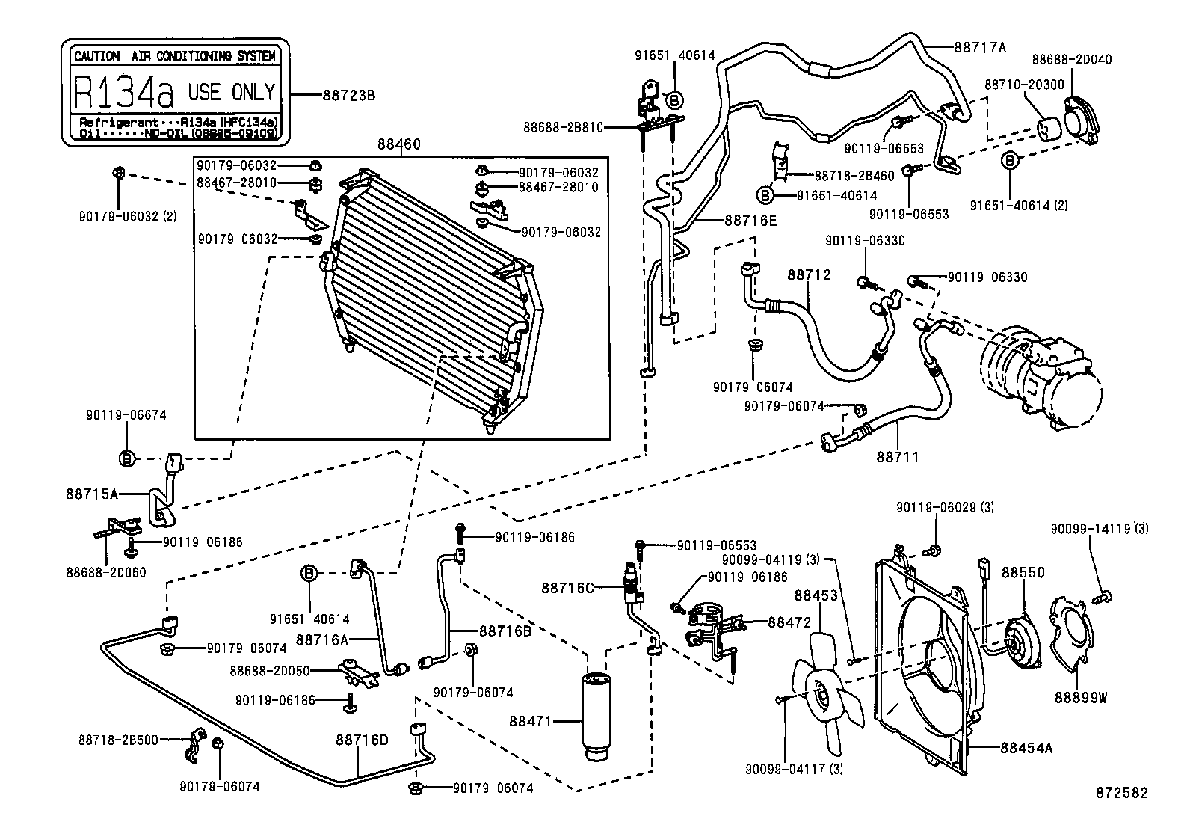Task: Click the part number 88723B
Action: [348, 96]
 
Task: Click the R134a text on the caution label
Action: [123, 93]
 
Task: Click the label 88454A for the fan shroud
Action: [1026, 746]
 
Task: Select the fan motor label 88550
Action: [1023, 572]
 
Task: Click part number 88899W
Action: [1080, 698]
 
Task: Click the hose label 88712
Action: [809, 275]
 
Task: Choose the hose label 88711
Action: [898, 456]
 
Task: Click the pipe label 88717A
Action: [980, 47]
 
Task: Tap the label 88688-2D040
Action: [1071, 59]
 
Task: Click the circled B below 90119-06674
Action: [127, 458]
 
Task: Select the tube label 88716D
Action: [362, 740]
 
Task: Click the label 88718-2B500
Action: [118, 740]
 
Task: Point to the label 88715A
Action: [92, 494]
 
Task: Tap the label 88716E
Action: [750, 221]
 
